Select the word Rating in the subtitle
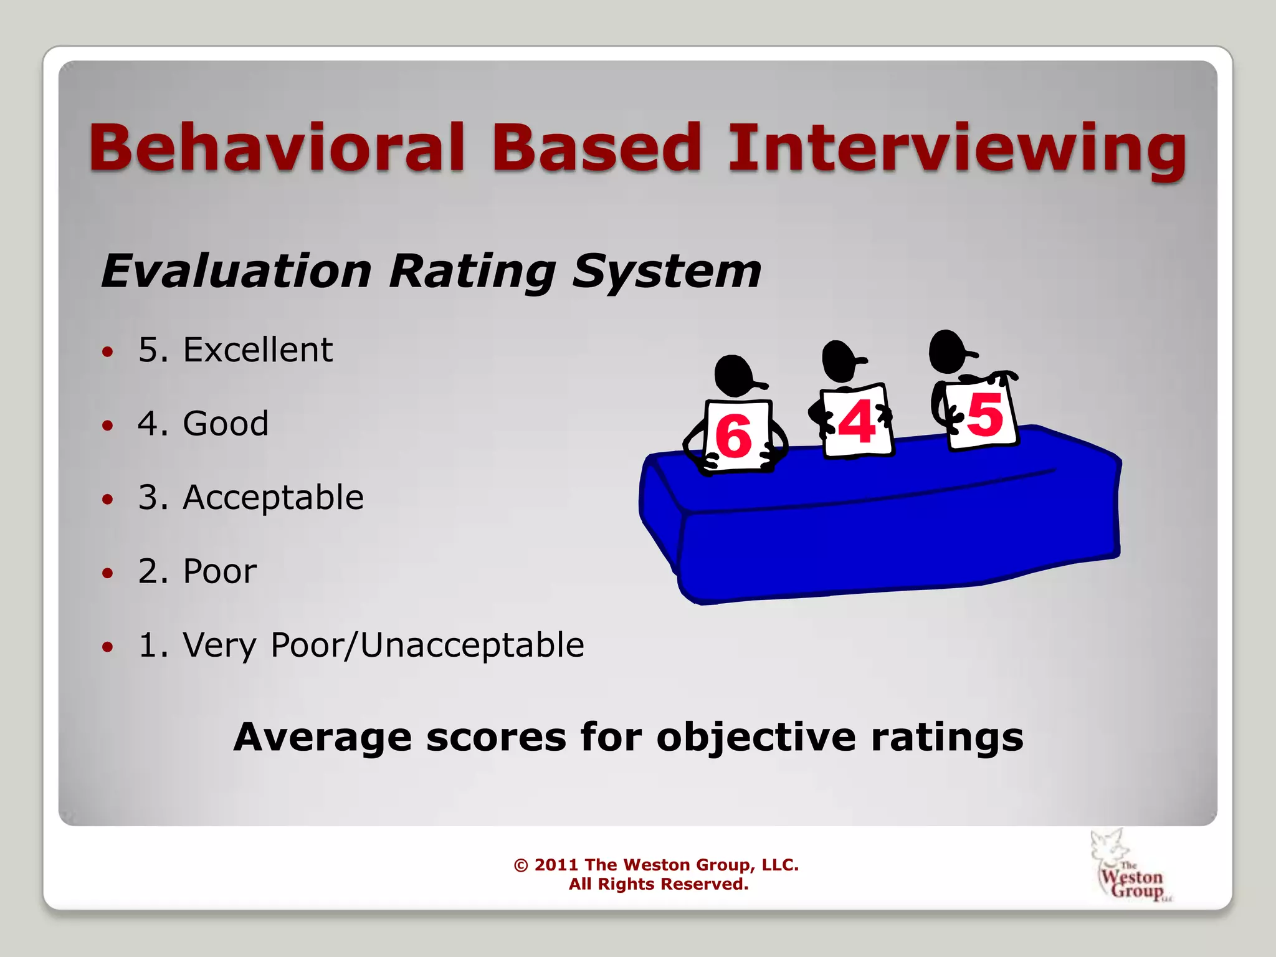pyautogui.click(x=472, y=272)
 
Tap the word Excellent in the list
pyautogui.click(x=257, y=350)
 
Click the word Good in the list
pyautogui.click(x=226, y=424)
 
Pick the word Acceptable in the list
pyautogui.click(x=273, y=497)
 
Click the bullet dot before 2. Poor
pyautogui.click(x=108, y=573)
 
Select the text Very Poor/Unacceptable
pyautogui.click(x=383, y=645)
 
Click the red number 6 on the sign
pyautogui.click(x=733, y=436)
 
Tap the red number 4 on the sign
pyautogui.click(x=856, y=422)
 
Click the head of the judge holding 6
pyautogui.click(x=735, y=375)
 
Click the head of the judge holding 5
pyautogui.click(x=948, y=351)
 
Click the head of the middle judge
pyautogui.click(x=840, y=360)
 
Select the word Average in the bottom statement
pyautogui.click(x=322, y=737)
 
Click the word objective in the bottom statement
pyautogui.click(x=756, y=737)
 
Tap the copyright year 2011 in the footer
pyautogui.click(x=556, y=865)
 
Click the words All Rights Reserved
pyautogui.click(x=658, y=884)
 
